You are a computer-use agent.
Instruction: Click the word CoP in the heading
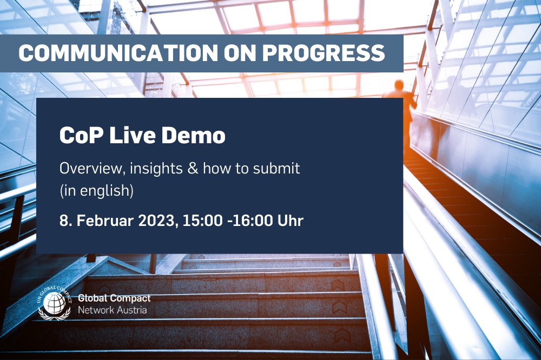point(78,136)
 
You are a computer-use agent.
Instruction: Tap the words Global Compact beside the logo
point(114,298)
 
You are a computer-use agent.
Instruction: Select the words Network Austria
point(113,310)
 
